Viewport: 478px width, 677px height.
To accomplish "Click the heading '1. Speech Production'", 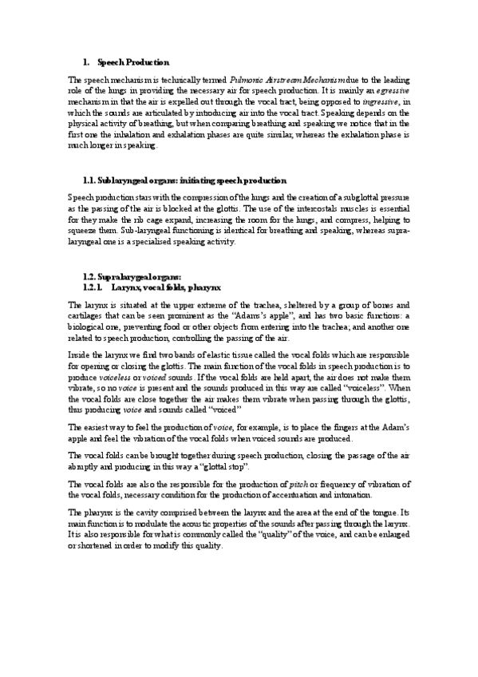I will point(132,62).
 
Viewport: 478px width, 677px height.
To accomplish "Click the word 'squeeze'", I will point(85,232).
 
